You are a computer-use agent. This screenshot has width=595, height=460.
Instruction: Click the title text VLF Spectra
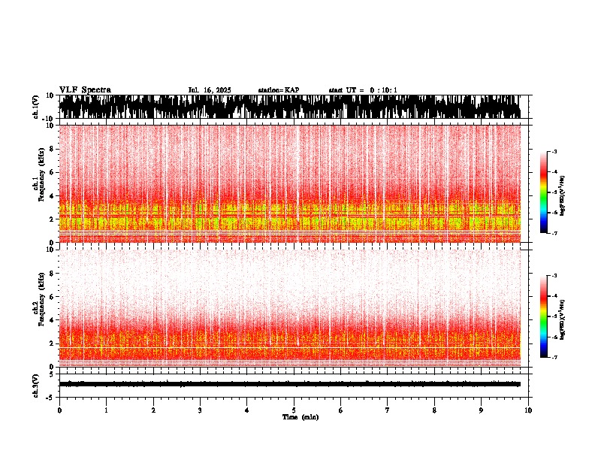tap(85, 89)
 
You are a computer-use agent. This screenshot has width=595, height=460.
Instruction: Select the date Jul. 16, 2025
tap(210, 90)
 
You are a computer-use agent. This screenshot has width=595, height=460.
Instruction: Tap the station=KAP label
tap(278, 90)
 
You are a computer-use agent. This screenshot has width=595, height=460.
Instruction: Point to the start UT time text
tap(363, 90)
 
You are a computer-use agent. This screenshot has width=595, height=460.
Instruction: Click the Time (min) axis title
tap(300, 417)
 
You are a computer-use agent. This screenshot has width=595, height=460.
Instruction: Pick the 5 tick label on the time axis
tap(294, 410)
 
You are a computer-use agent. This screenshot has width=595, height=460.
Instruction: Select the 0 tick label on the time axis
tap(59, 410)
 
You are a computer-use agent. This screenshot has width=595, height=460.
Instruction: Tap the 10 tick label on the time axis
tap(528, 410)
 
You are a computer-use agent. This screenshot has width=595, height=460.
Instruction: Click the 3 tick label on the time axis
tap(200, 410)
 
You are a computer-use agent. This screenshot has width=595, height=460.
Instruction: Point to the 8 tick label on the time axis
tap(434, 410)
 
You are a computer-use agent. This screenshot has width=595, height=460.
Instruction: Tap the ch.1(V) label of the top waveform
tap(35, 107)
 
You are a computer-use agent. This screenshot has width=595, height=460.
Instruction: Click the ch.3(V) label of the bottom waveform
tap(35, 384)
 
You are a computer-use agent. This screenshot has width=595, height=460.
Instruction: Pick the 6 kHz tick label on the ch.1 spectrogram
tap(53, 173)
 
